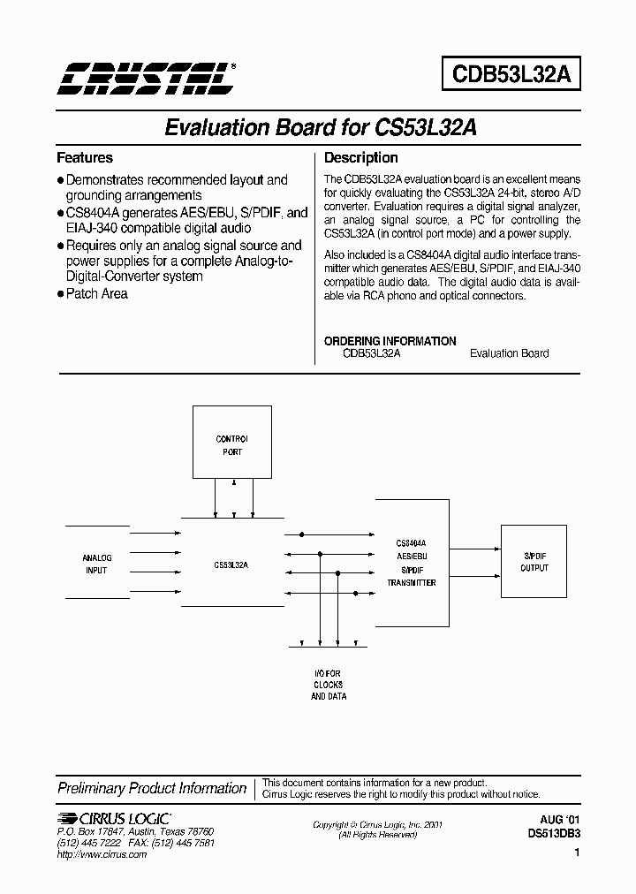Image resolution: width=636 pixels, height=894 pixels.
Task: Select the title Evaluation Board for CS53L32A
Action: [321, 127]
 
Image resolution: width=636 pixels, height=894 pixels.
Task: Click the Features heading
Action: [85, 158]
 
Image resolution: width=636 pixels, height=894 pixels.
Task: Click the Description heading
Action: [361, 158]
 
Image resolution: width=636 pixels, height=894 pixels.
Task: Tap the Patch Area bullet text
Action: [96, 293]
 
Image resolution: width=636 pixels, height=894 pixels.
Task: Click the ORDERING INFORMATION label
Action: [390, 340]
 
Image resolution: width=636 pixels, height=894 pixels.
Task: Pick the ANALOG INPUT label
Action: [96, 564]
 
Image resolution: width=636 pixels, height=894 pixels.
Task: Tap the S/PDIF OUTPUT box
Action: [534, 562]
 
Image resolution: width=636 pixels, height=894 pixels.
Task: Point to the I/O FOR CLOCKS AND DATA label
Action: [328, 685]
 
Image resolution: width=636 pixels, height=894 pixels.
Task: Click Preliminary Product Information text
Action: [152, 788]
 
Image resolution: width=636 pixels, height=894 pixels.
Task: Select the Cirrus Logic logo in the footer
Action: [114, 818]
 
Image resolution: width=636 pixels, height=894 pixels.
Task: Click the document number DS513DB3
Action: [554, 832]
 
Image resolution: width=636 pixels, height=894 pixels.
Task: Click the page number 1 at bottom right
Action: [577, 854]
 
